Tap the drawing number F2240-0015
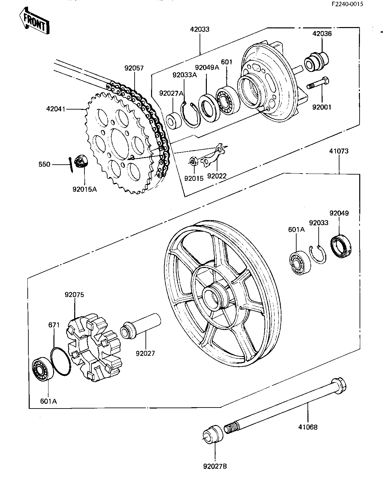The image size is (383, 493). click(347, 4)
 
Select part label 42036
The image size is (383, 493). click(322, 34)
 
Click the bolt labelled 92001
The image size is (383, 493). click(318, 83)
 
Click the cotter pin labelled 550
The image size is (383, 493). click(71, 165)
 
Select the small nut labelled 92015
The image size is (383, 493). click(193, 161)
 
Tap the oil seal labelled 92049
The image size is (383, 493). click(340, 246)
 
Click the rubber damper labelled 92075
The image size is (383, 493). click(94, 347)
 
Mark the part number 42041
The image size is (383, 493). click(56, 109)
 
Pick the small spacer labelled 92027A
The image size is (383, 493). click(174, 121)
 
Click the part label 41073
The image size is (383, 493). click(339, 151)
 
